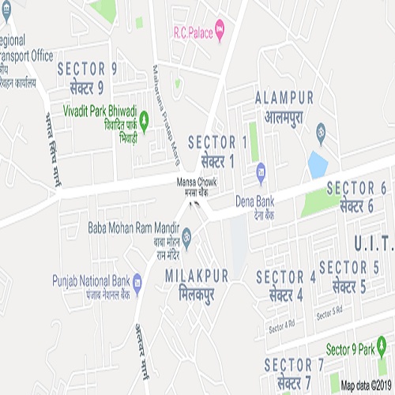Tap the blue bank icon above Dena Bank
261,168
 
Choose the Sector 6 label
356,196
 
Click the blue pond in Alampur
318,163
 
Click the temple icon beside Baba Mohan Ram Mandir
186,236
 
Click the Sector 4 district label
286,285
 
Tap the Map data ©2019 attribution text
366,386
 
